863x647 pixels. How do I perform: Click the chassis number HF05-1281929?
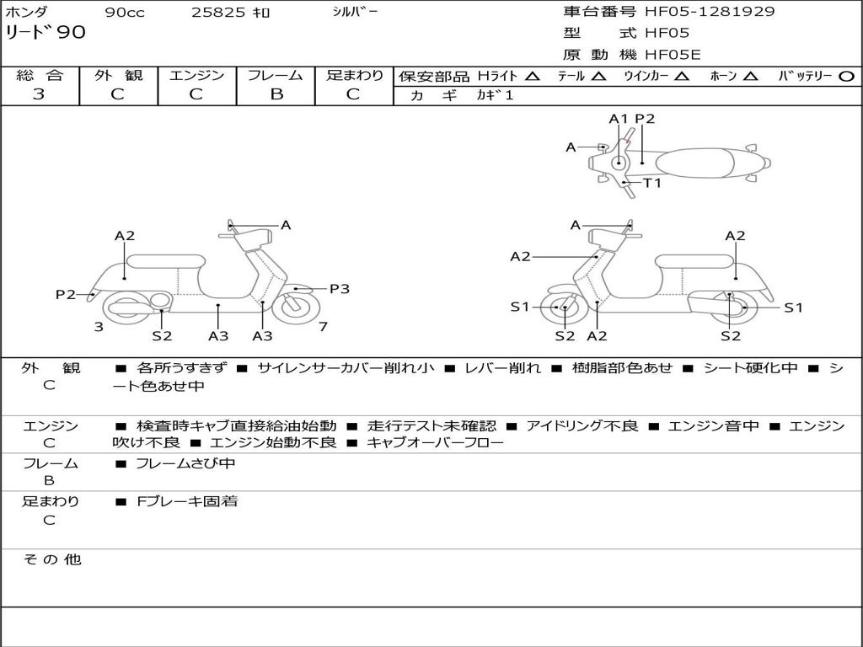pos(710,12)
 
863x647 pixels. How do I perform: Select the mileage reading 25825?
pos(217,13)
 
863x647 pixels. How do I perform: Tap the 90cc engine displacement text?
pos(125,13)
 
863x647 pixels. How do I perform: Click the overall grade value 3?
pos(39,94)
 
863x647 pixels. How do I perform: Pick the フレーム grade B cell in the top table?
pos(276,94)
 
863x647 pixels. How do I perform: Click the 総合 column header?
pos(40,75)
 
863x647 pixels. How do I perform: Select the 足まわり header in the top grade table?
pos(354,75)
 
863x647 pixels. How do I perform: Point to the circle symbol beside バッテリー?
pos(846,76)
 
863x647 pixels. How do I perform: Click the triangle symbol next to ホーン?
pos(751,76)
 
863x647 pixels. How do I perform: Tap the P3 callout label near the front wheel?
pos(339,289)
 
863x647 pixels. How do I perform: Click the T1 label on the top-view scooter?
pos(652,183)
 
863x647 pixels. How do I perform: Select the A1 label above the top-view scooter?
pos(619,119)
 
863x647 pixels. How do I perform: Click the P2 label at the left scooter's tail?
pos(66,294)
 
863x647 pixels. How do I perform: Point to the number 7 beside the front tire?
pos(324,326)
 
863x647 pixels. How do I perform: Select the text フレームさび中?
pos(185,463)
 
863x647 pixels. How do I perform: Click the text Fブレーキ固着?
pos(187,501)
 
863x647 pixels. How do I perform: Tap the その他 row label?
pos(51,559)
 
